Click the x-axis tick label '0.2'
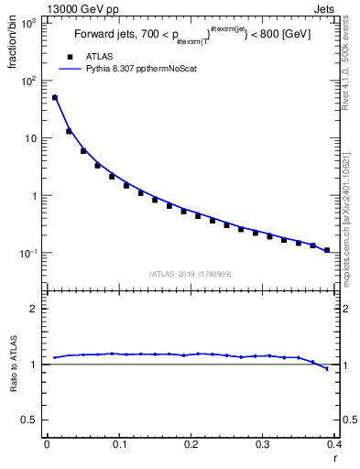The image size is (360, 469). pos(191,444)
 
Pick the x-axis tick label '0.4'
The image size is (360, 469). pos(334,444)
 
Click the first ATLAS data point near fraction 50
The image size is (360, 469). pos(54,98)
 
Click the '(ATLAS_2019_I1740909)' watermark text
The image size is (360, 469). pos(191,273)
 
